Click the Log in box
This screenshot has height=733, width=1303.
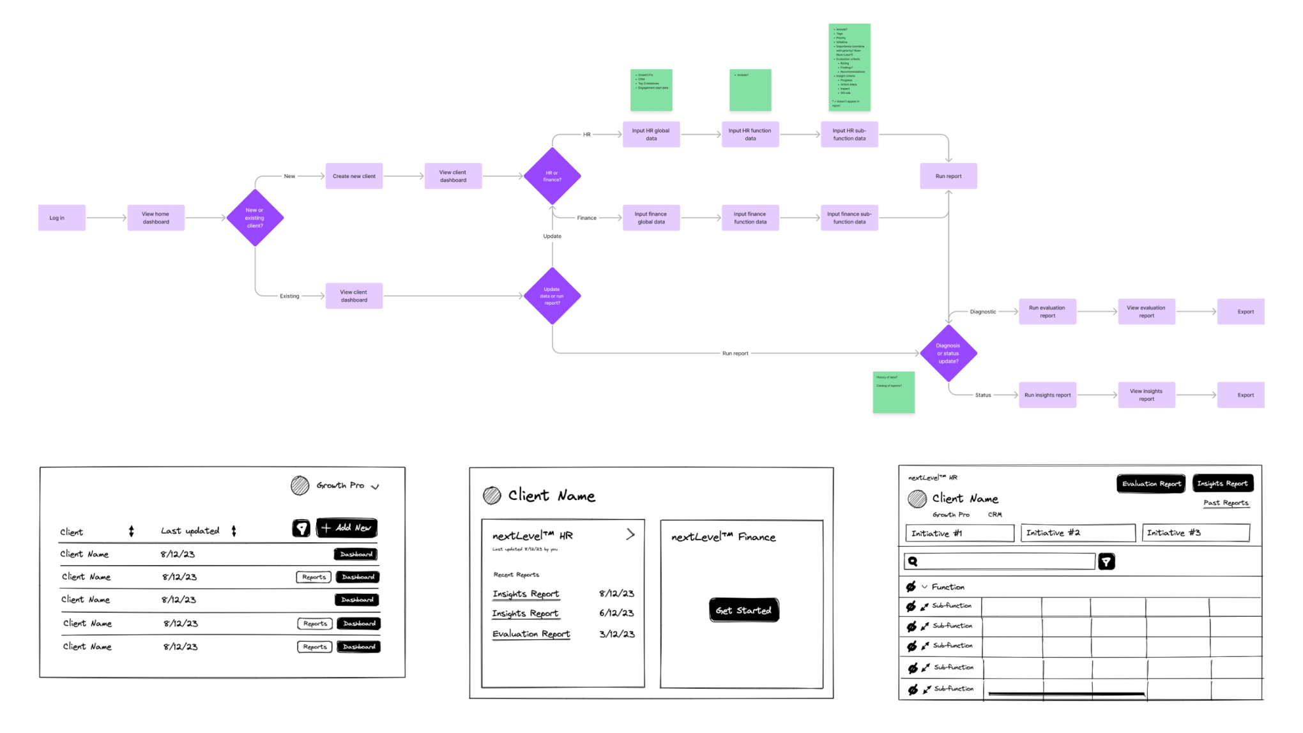(x=61, y=218)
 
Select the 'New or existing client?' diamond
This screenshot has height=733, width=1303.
(x=255, y=218)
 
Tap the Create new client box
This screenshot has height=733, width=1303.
(x=354, y=176)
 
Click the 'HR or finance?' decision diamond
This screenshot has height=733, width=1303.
(x=552, y=176)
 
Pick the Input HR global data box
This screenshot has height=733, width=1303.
(x=651, y=135)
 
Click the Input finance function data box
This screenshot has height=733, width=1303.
(x=750, y=218)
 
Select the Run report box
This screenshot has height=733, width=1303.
(x=948, y=176)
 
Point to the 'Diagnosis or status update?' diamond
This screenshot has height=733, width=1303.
(x=948, y=353)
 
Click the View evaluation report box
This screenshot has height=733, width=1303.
(x=1146, y=312)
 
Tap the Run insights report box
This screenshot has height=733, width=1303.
(x=1048, y=395)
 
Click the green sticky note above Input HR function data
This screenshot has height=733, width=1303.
(x=750, y=90)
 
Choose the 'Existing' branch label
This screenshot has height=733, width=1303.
(x=289, y=296)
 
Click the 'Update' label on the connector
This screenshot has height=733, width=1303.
(x=552, y=236)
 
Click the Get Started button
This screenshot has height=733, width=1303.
(x=743, y=610)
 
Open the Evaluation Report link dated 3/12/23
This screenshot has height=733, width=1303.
(x=531, y=634)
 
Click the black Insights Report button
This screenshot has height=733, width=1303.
(x=1223, y=484)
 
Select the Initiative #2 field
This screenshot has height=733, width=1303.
(x=1078, y=533)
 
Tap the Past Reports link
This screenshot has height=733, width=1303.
(x=1226, y=503)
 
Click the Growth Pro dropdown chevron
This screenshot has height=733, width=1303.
(x=375, y=487)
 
